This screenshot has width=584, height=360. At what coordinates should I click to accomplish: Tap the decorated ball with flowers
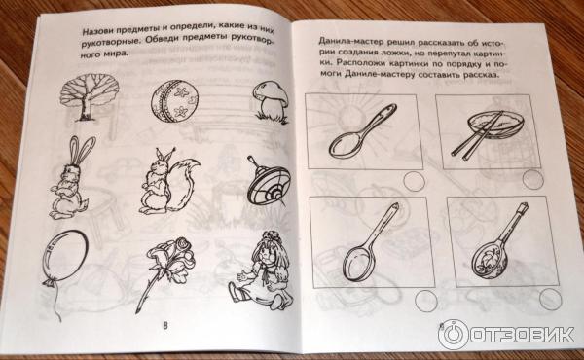[175, 100]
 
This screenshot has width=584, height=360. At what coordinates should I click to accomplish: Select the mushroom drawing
[271, 101]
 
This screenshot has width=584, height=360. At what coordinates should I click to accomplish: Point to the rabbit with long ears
[71, 177]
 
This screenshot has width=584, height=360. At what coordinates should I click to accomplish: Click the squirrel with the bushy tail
[167, 182]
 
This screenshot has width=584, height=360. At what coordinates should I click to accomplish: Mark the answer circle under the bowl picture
[533, 179]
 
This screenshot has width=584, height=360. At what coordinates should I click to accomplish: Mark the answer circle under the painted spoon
[551, 299]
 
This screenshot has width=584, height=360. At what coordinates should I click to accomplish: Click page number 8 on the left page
[165, 325]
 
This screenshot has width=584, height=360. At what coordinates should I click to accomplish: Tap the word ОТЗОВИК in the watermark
[522, 335]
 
